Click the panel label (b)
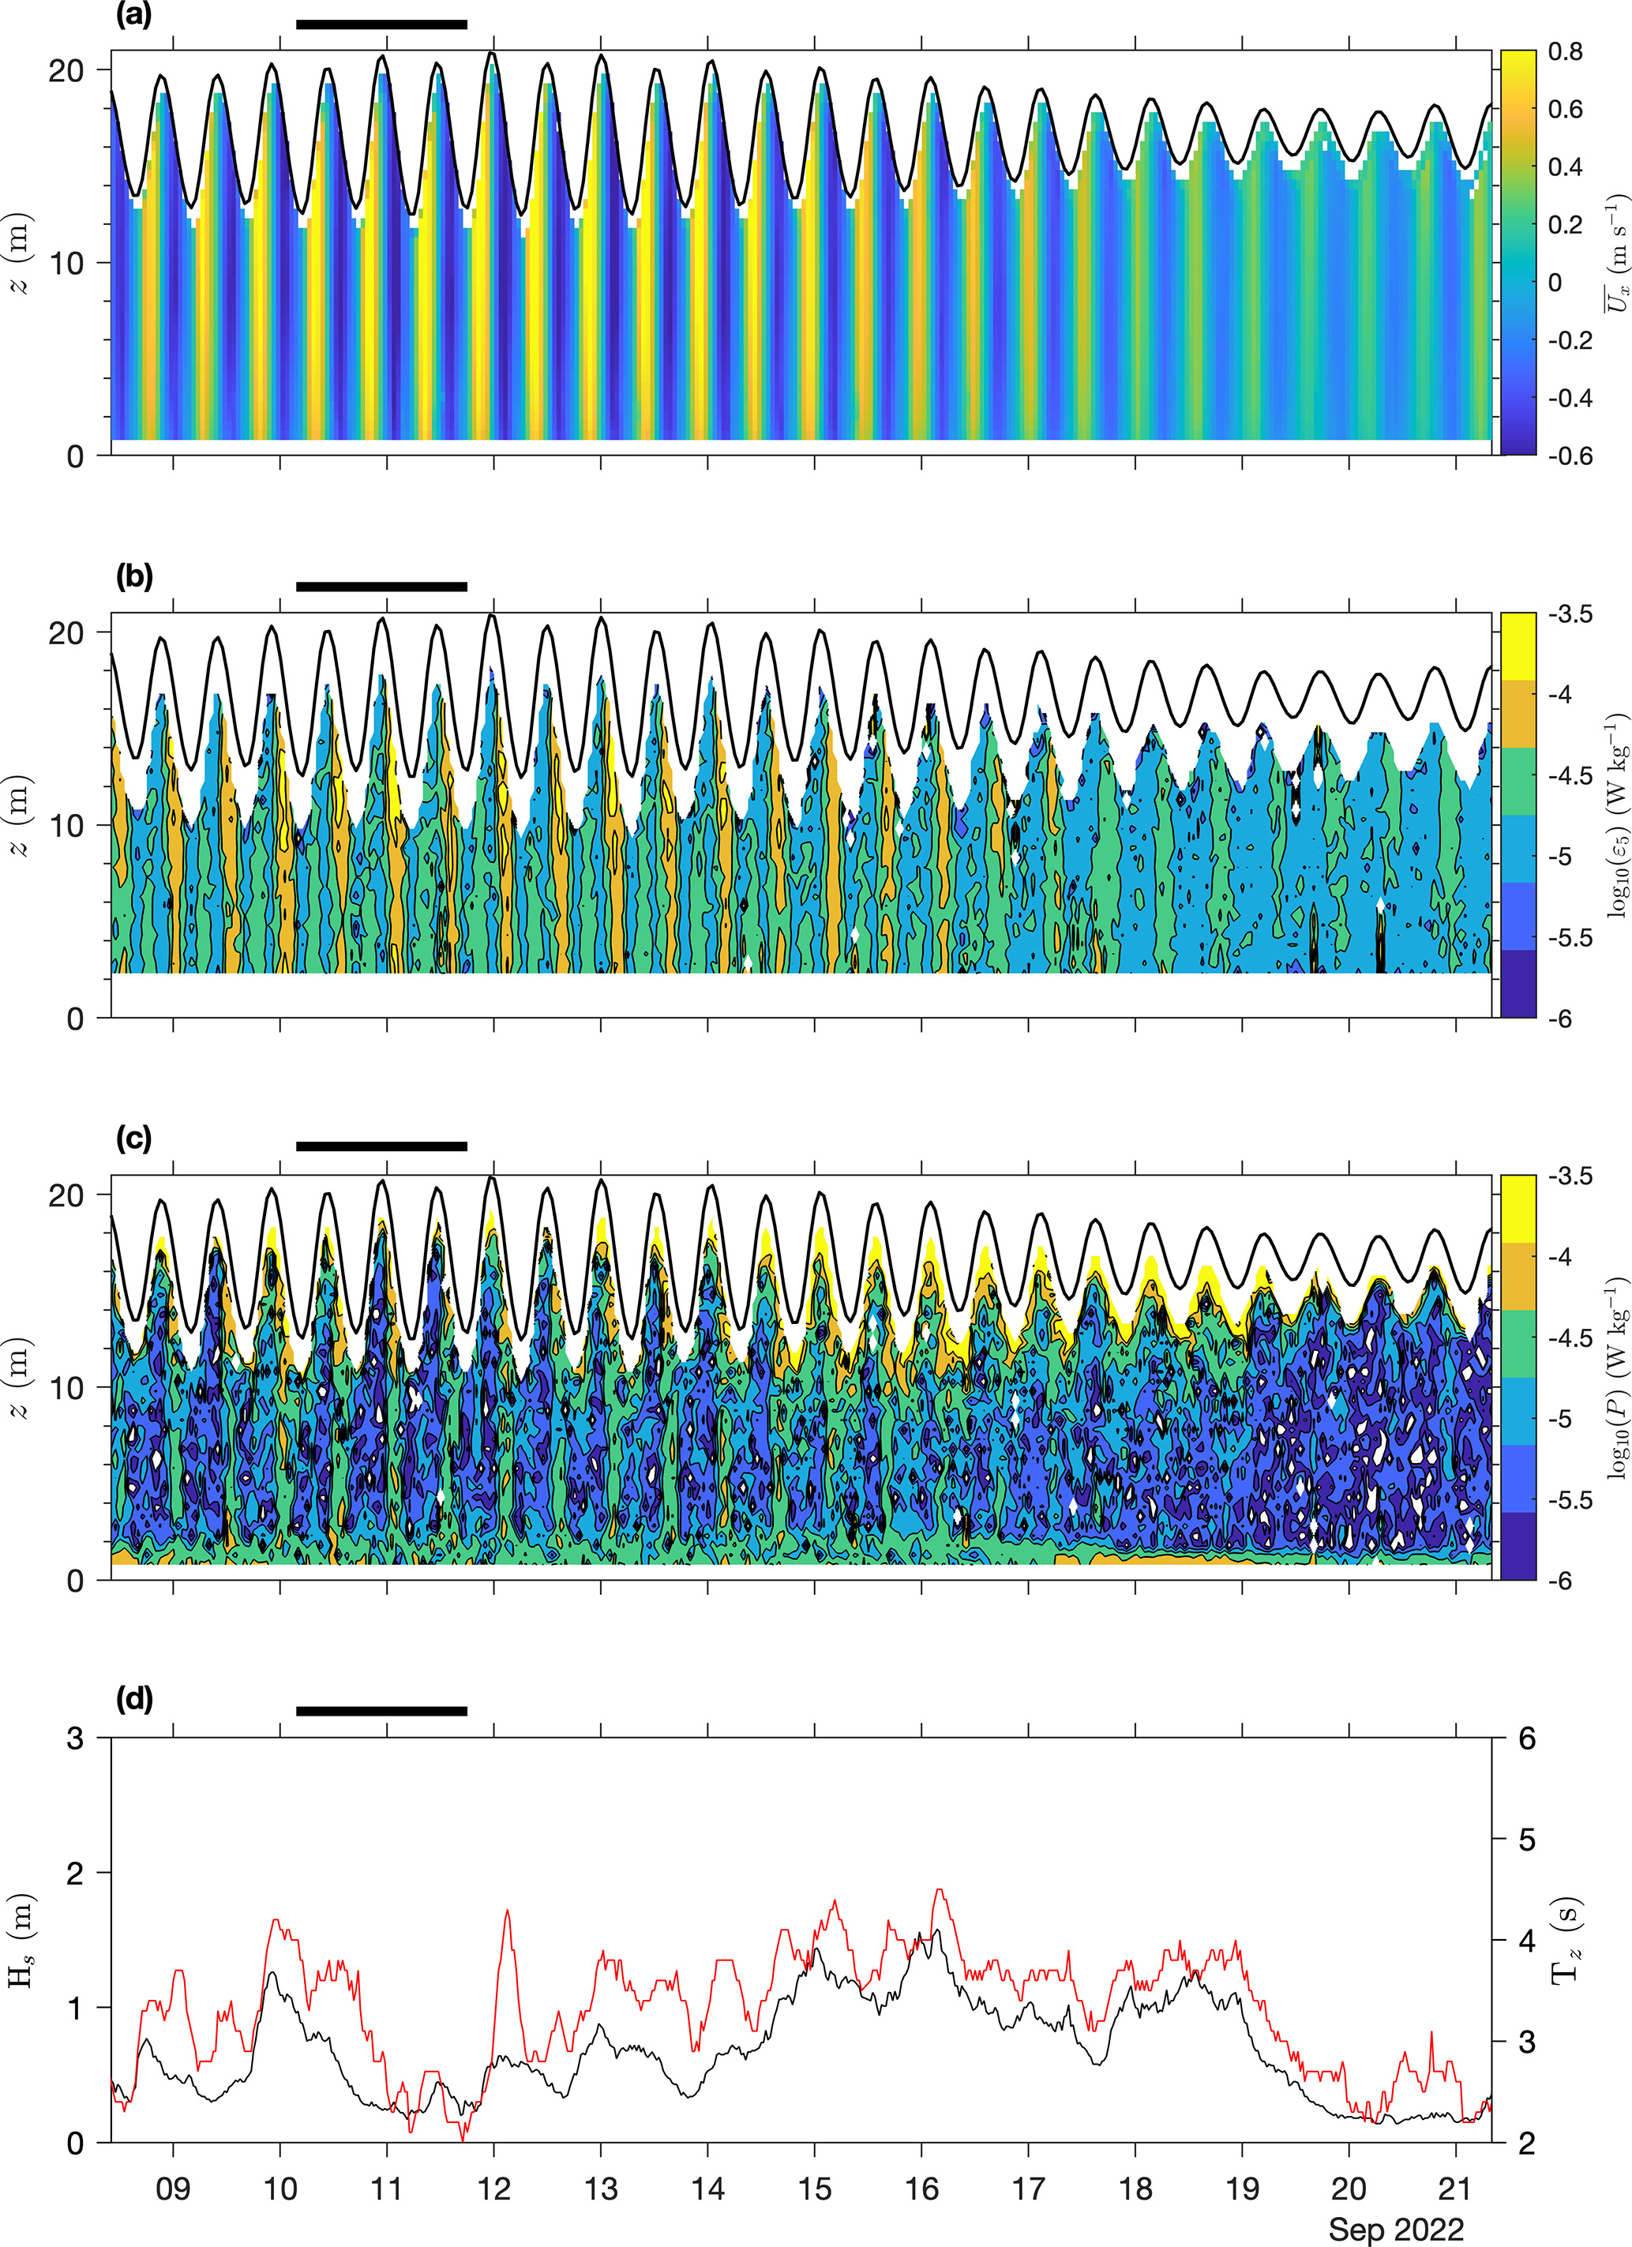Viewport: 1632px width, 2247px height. click(133, 576)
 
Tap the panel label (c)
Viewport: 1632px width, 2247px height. click(133, 1139)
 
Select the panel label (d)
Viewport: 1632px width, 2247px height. click(133, 1699)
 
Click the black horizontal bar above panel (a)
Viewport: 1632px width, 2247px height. click(381, 24)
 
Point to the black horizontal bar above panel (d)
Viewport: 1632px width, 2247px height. click(381, 1711)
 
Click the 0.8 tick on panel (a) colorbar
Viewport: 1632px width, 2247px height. click(1566, 51)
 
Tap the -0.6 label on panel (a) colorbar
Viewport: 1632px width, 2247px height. click(1570, 455)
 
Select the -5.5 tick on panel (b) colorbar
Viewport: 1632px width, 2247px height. click(1570, 936)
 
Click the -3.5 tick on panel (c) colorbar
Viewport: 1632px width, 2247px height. click(1570, 1176)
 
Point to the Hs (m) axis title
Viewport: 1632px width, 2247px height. click(22, 1939)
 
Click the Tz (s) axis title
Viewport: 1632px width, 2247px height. click(1566, 1939)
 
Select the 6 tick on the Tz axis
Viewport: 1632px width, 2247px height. click(1527, 1738)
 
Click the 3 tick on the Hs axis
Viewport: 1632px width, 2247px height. click(74, 1738)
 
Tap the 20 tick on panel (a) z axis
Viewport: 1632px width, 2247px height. click(66, 70)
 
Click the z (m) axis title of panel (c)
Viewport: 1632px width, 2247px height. click(22, 1377)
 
